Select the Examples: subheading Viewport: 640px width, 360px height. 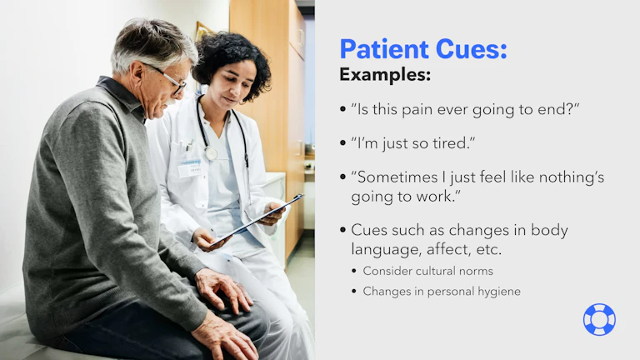click(x=384, y=75)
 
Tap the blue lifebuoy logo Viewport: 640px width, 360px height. click(x=598, y=319)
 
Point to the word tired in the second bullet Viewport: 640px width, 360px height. click(x=451, y=143)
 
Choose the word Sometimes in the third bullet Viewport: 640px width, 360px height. click(x=395, y=178)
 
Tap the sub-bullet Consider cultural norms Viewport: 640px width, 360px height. click(x=427, y=271)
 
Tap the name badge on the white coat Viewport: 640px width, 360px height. click(x=189, y=167)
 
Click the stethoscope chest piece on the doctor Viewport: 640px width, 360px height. click(x=211, y=153)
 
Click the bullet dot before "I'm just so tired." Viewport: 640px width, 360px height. click(x=342, y=143)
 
